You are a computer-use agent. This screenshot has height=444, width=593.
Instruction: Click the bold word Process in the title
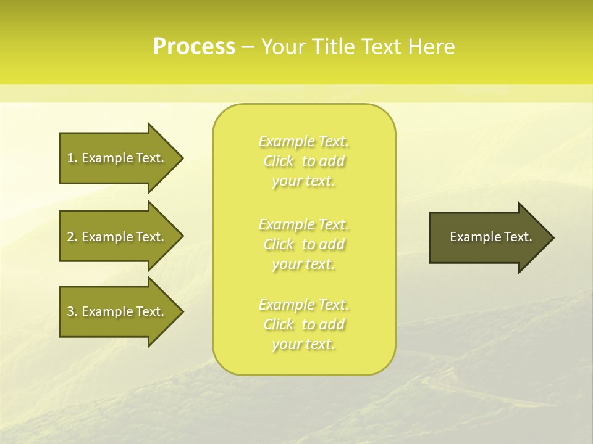tap(194, 47)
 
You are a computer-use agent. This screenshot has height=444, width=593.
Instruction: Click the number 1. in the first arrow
tap(72, 158)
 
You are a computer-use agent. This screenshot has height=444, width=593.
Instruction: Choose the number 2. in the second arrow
tap(72, 237)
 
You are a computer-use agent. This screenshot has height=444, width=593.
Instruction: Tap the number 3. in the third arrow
tap(72, 311)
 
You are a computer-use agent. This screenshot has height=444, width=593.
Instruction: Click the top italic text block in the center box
tap(304, 161)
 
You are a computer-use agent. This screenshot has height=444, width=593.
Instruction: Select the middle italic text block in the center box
tap(304, 244)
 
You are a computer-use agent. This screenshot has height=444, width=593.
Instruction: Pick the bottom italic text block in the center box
tap(304, 324)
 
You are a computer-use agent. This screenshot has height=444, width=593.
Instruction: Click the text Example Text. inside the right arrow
tap(490, 237)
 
